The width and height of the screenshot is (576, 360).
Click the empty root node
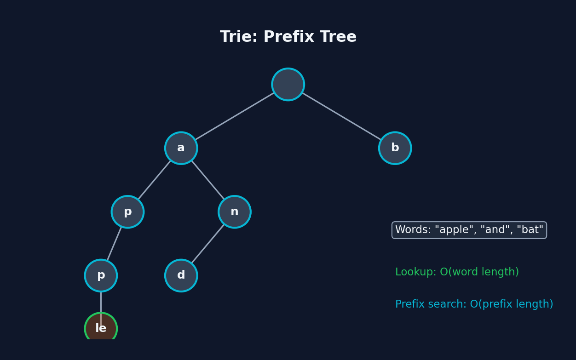tap(288, 85)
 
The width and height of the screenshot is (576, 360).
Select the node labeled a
tap(181, 148)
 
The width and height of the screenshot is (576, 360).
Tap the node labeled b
tap(395, 148)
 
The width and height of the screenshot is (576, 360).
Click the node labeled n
tap(235, 212)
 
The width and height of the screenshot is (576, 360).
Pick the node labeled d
tap(181, 275)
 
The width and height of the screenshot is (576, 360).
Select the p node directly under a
tap(127, 212)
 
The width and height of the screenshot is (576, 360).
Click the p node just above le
tap(101, 275)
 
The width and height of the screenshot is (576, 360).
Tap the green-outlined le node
tap(101, 328)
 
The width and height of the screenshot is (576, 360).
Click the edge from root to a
tap(235, 116)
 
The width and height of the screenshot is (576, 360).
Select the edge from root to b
tap(341, 116)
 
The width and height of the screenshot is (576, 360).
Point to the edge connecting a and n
tap(208, 180)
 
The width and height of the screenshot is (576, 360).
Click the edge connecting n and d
tap(208, 244)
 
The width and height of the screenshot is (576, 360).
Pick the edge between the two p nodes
tap(114, 244)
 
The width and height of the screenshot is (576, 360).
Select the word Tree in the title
tap(338, 37)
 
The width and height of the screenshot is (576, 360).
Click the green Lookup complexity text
tap(456, 272)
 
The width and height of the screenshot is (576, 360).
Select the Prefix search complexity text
tap(474, 304)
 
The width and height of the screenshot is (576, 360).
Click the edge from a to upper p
tap(154, 180)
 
